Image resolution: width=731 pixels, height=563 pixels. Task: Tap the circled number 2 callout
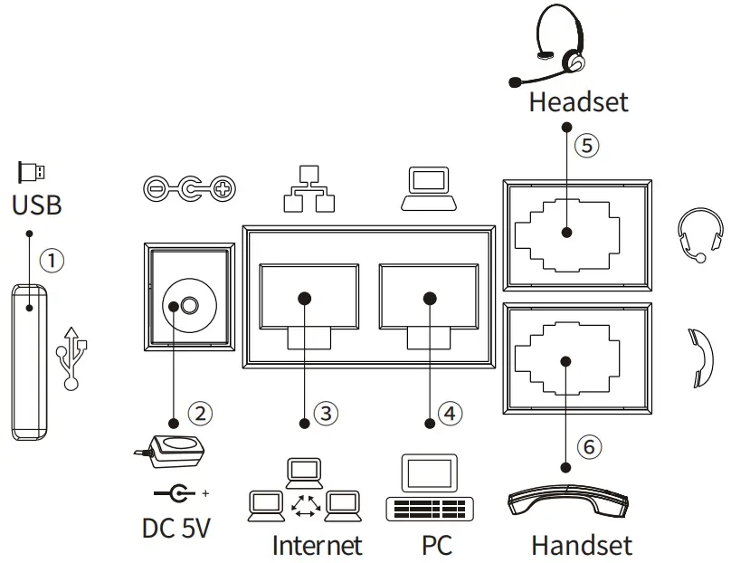[201, 414]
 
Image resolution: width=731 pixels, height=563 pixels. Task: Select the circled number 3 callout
[326, 414]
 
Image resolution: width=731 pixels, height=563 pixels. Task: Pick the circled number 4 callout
[450, 414]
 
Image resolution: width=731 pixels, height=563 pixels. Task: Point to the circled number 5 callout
[587, 145]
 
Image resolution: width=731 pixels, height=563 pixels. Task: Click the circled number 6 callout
[588, 446]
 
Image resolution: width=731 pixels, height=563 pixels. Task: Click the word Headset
[578, 101]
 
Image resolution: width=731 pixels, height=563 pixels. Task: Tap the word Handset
[581, 545]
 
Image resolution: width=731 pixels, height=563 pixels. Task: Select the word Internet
[317, 545]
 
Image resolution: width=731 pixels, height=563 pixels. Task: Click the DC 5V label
[176, 527]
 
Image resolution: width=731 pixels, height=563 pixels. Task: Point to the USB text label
[37, 205]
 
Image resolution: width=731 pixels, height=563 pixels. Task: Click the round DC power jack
[186, 306]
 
